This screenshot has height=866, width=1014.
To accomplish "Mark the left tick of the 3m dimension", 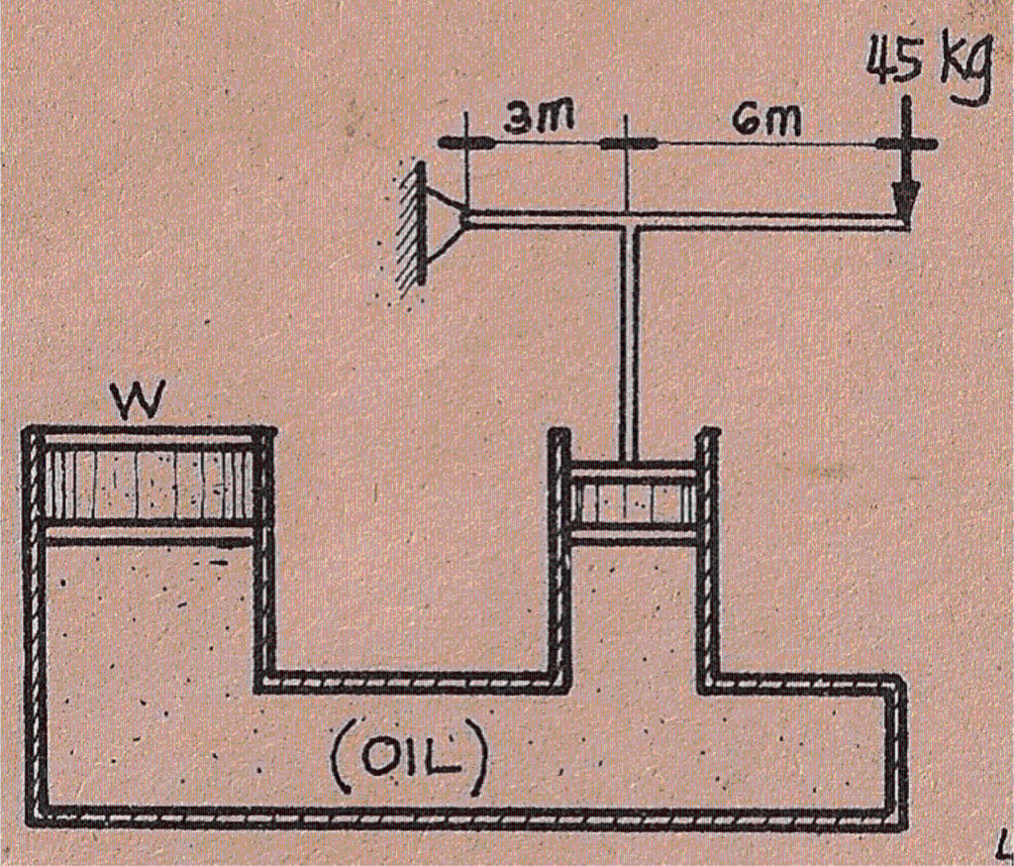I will coord(465,143).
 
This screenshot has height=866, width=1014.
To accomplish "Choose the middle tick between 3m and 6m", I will coord(626,144).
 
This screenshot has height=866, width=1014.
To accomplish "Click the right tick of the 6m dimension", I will coord(905,144).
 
